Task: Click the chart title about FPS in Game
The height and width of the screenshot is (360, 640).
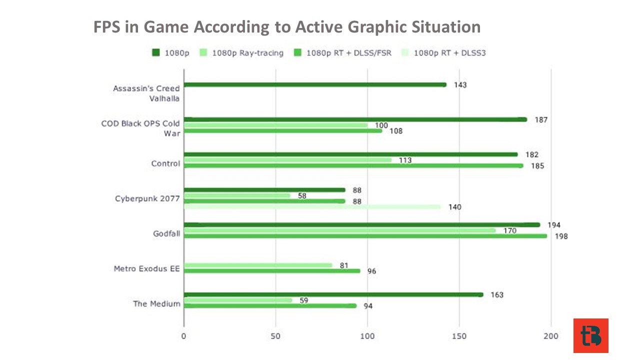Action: (287, 27)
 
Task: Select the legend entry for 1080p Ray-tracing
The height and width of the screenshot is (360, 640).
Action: (241, 53)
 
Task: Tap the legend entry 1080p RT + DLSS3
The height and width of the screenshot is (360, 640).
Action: (443, 53)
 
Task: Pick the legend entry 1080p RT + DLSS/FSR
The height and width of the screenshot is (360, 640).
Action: (342, 53)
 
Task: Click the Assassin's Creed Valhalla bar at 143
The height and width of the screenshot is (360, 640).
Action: (315, 85)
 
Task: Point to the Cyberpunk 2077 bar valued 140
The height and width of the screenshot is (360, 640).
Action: (312, 207)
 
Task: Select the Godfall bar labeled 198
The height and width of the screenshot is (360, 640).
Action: (365, 236)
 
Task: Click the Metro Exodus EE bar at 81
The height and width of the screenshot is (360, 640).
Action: (258, 265)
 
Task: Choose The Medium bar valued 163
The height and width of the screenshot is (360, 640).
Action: (333, 295)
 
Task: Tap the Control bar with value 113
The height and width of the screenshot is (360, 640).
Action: (287, 160)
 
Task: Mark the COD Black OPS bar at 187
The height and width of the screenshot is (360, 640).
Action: (355, 119)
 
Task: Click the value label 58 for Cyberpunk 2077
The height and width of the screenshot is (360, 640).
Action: (302, 196)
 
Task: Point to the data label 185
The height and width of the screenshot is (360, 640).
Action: (537, 166)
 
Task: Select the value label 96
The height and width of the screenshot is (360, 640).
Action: (371, 271)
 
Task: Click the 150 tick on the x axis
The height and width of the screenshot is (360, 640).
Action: (459, 336)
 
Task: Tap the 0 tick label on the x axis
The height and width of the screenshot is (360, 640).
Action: (183, 336)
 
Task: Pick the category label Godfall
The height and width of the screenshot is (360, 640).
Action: (166, 233)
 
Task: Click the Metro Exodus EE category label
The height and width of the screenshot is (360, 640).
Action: (147, 269)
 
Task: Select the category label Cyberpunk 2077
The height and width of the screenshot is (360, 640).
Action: (147, 198)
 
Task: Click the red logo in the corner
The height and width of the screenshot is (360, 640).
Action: (591, 335)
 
